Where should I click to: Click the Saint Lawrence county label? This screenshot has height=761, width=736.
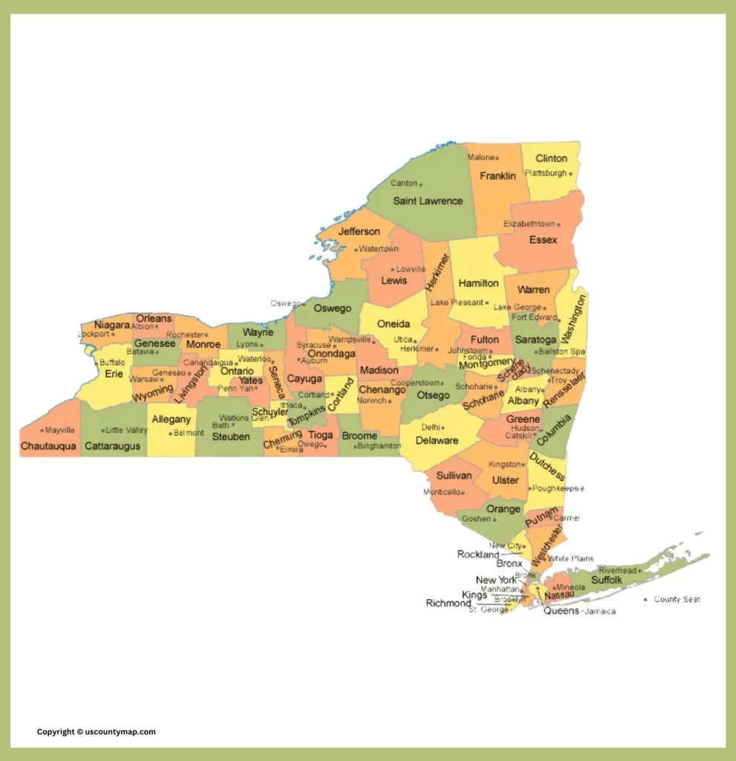[x=427, y=201]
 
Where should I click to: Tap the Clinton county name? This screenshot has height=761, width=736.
[x=551, y=158]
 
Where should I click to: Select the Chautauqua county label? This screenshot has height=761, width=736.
[x=48, y=446]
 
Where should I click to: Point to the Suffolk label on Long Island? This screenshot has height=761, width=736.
[x=607, y=580]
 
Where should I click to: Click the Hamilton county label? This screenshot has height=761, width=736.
[x=478, y=283]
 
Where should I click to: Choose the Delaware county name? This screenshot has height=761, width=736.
[x=437, y=441]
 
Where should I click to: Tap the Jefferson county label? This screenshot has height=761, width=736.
[x=359, y=232]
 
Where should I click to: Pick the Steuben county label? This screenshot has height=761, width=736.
[x=231, y=437]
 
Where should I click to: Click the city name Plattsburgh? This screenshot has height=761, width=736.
[x=546, y=173]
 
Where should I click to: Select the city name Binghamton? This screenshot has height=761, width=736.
[x=379, y=446]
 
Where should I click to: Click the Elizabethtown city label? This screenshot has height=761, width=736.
[x=529, y=224]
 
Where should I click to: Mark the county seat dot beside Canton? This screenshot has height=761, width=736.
[x=420, y=184]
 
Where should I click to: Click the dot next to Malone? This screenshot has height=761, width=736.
[x=498, y=158]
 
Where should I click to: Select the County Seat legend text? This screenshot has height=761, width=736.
[x=677, y=599]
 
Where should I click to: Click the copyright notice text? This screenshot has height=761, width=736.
[x=97, y=732]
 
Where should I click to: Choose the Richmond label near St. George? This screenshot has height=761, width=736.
[x=448, y=603]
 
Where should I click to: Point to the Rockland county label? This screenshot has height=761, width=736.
[x=478, y=554]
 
